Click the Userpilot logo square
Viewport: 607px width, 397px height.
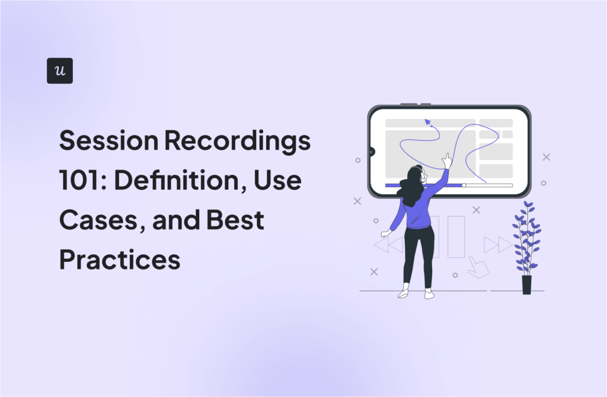(60, 71)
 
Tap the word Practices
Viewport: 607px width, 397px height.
(120, 259)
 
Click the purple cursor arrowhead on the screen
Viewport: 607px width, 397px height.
(427, 122)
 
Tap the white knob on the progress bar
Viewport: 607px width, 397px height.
(464, 185)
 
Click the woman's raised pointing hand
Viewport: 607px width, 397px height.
(446, 160)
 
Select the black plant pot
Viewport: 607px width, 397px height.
(526, 284)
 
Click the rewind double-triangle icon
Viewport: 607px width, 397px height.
(389, 244)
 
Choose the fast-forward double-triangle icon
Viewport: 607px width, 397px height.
(498, 244)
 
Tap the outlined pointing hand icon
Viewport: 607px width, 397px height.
(478, 267)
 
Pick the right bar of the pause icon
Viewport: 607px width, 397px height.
(456, 237)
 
